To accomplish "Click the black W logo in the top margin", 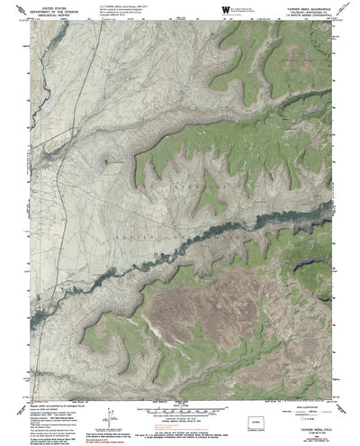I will [225, 11].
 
